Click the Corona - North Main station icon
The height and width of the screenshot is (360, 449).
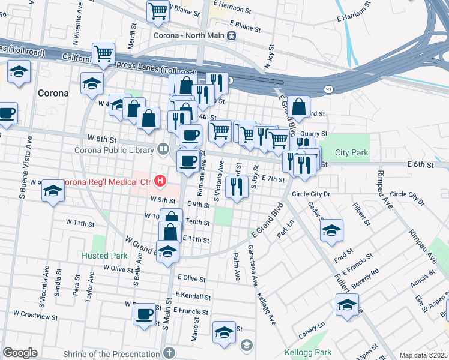click(x=231, y=36)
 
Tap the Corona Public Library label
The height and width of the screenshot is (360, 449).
click(x=115, y=149)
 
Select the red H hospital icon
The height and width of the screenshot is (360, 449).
click(x=160, y=180)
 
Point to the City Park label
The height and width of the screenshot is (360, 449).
click(x=352, y=153)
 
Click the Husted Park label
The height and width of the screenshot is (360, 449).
click(x=105, y=256)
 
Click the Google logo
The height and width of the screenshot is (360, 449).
click(x=19, y=353)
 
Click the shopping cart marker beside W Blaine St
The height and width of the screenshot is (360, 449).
click(x=157, y=10)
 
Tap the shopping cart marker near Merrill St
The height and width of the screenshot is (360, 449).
click(x=104, y=53)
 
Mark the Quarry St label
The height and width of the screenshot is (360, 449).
click(x=315, y=134)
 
